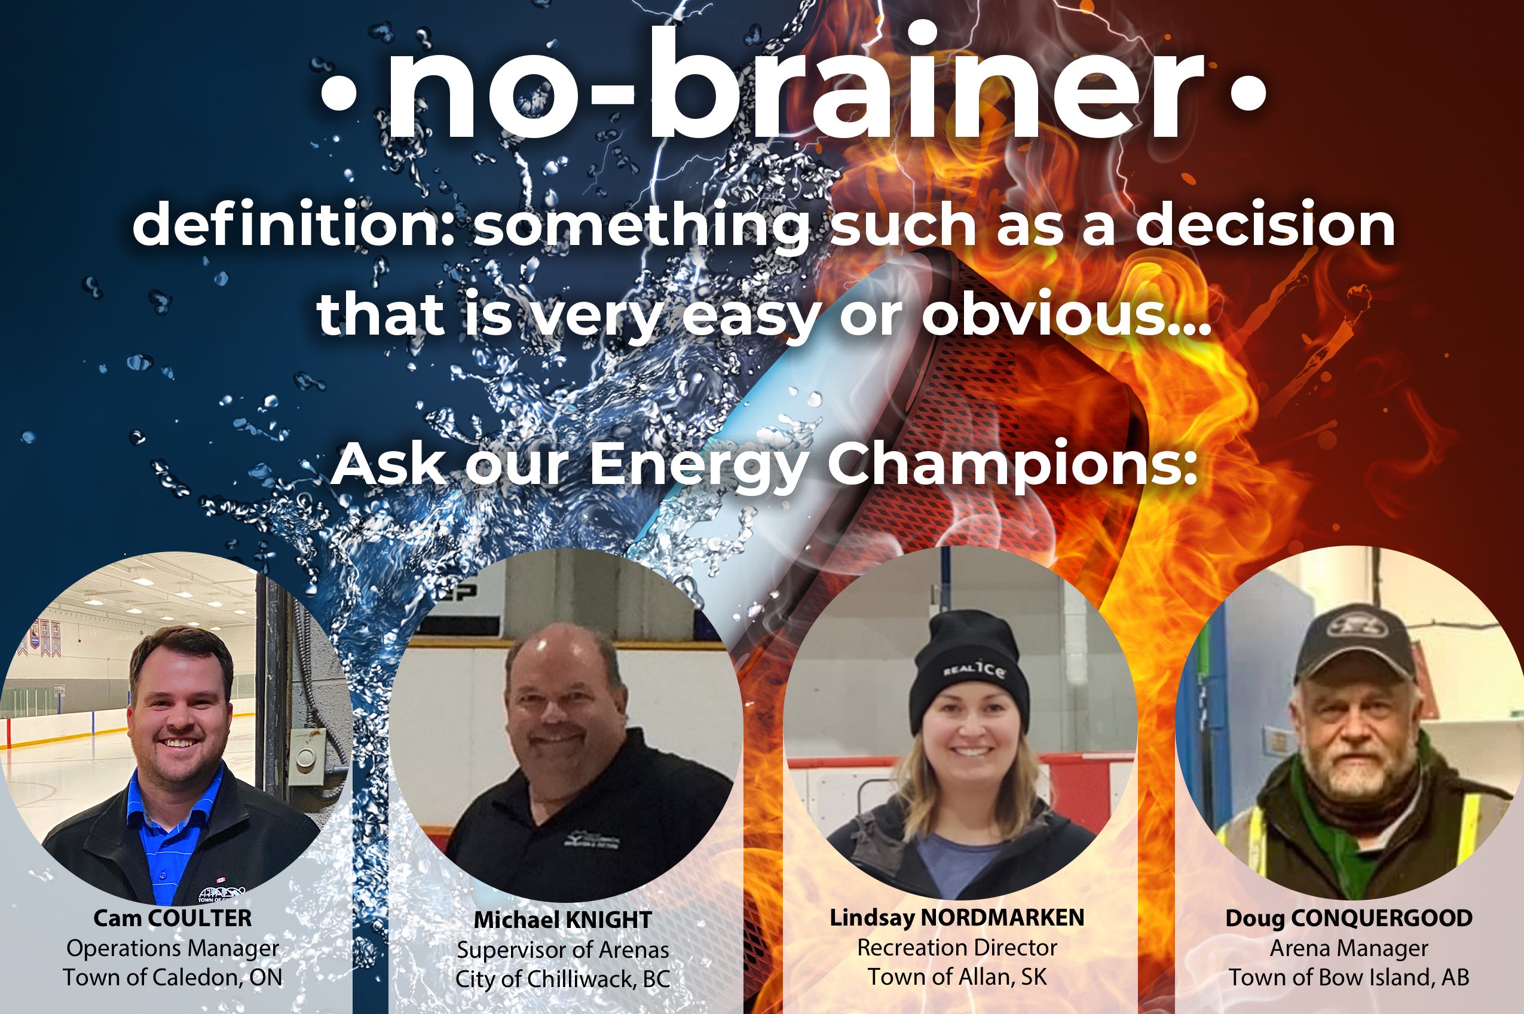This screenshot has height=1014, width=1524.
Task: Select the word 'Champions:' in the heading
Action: pyautogui.click(x=1012, y=464)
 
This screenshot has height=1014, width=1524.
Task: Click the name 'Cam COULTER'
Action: pyautogui.click(x=173, y=918)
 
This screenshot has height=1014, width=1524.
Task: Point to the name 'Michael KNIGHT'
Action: pyautogui.click(x=563, y=920)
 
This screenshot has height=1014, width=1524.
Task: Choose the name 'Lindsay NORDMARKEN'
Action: pyautogui.click(x=957, y=918)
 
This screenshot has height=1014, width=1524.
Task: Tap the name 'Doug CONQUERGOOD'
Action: pyautogui.click(x=1349, y=918)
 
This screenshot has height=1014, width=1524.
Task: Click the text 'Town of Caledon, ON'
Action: pyautogui.click(x=173, y=977)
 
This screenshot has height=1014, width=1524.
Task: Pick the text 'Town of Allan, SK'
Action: pyautogui.click(x=957, y=976)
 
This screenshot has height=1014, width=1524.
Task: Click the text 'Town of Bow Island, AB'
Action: pyautogui.click(x=1349, y=977)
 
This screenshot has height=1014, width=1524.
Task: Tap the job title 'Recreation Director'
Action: pyautogui.click(x=957, y=948)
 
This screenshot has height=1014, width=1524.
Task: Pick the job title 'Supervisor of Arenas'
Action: pyautogui.click(x=563, y=950)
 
